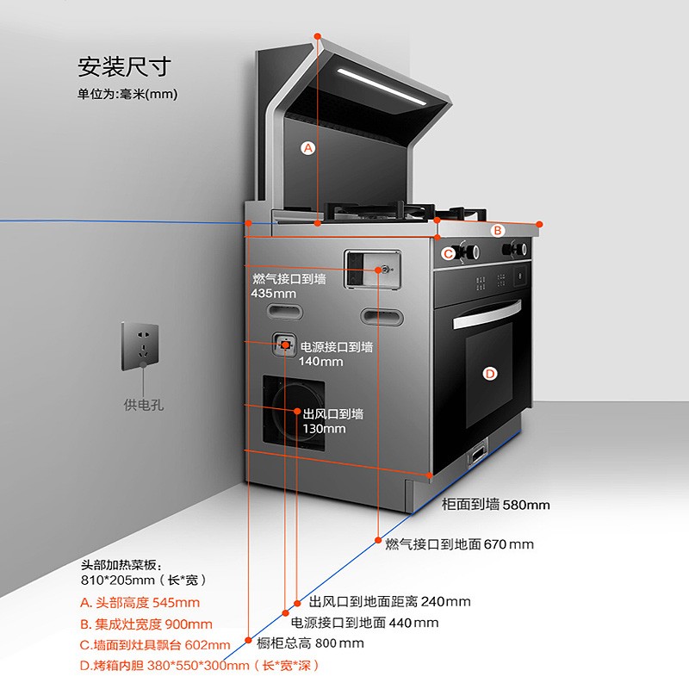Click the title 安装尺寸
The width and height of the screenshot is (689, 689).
124,66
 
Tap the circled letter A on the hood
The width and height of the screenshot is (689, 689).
308,147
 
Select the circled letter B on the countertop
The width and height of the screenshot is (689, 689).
497,230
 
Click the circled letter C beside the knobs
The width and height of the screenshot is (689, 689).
448,253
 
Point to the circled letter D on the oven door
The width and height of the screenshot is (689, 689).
489,373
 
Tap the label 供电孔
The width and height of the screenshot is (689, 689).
143,404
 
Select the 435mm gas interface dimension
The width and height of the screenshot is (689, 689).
274,294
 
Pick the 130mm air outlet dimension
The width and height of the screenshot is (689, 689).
324,429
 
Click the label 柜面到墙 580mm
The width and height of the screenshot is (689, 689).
495,505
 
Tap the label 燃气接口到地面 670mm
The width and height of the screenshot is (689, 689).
459,544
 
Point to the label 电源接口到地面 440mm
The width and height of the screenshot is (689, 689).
364,623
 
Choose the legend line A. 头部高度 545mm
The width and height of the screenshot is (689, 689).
140,603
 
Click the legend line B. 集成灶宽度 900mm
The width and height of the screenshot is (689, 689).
146,624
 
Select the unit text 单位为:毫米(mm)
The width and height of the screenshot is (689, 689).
127,94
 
